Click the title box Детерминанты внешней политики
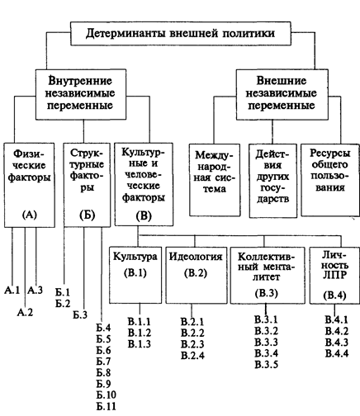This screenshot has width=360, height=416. point(181,33)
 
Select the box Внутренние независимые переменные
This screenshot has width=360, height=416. point(81,94)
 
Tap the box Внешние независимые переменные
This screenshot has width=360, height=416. point(282,94)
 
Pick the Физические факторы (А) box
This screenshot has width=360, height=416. point(29,185)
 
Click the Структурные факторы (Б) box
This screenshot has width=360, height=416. point(87,185)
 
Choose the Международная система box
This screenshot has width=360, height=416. point(215,180)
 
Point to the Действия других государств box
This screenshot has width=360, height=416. point(273,181)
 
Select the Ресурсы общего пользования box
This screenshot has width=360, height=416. point(330,180)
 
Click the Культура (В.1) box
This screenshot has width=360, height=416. point(135,275)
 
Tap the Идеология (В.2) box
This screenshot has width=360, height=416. point(197,275)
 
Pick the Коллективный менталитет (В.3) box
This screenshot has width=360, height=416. point(268,275)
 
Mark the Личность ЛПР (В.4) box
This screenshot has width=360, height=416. point(334,275)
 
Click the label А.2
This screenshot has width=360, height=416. point(25,312)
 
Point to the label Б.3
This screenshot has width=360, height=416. point(80,314)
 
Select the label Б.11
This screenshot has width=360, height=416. point(107,406)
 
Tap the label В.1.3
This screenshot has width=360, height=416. point(140,344)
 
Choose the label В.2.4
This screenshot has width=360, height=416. point(192,356)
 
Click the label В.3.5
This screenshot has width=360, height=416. point(267,365)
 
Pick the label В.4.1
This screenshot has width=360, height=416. point(337,319)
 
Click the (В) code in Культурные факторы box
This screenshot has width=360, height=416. point(144,216)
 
